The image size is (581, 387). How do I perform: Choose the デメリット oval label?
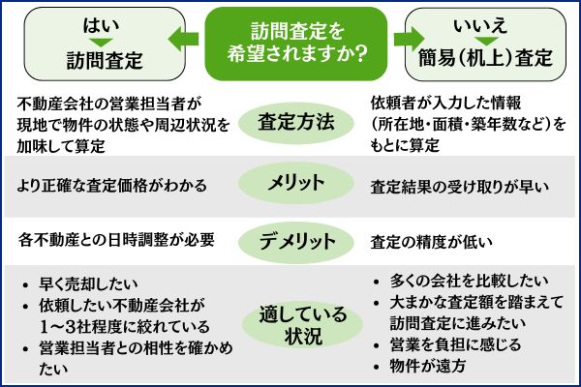(x=294, y=240)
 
